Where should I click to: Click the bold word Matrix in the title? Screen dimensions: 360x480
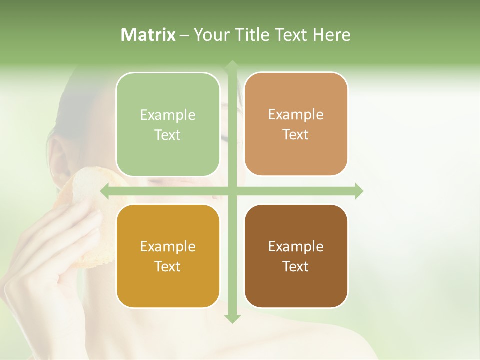tap(148, 35)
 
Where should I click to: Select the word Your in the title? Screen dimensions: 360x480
tap(212, 35)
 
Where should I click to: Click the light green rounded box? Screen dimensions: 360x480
tap(168, 124)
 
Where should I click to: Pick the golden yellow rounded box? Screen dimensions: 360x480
tap(168, 256)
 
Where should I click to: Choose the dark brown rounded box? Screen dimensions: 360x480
tap(296, 256)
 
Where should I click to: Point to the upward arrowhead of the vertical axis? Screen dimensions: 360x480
tap(232, 65)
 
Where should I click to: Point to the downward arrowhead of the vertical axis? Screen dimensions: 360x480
tap(232, 319)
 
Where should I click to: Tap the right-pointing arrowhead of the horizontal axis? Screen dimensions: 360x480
tap(358, 191)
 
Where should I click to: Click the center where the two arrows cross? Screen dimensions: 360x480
tap(232, 191)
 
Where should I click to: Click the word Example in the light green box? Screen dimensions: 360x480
tap(168, 115)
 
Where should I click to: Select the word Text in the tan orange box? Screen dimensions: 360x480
tap(296, 134)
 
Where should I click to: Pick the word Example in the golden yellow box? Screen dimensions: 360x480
tap(168, 246)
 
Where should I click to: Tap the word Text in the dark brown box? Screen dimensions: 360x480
tap(296, 266)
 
